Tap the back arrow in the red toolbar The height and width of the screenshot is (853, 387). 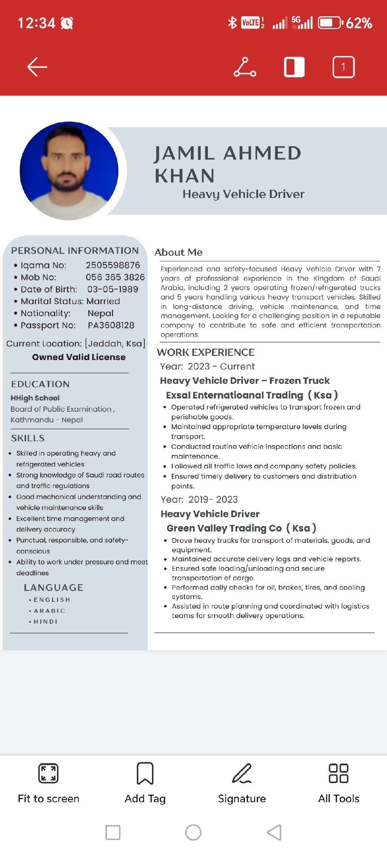click(37, 67)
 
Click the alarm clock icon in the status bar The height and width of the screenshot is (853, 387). click(67, 23)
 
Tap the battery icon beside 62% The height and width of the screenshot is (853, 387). click(330, 23)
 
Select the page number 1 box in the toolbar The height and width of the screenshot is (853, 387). click(343, 67)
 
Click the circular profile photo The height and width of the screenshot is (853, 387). click(69, 171)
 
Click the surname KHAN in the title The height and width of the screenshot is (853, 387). click(185, 176)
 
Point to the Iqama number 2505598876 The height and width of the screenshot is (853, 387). click(113, 265)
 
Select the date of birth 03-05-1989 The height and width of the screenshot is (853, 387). click(113, 289)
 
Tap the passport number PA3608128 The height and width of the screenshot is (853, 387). click(111, 325)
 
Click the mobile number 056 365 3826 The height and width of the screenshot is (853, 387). click(115, 277)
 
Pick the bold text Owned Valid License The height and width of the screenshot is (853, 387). click(79, 357)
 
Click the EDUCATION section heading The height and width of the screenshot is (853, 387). click(40, 384)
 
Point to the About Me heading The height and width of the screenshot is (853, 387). click(178, 252)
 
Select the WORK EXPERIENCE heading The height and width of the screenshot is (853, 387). click(206, 352)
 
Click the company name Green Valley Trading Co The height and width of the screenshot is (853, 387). click(224, 528)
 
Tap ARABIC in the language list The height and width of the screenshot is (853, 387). click(49, 611)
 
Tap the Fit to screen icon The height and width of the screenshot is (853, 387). click(48, 773)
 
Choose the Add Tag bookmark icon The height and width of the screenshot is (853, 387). click(145, 773)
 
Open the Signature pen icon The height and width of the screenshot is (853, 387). click(242, 773)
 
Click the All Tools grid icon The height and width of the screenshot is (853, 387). click(339, 773)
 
